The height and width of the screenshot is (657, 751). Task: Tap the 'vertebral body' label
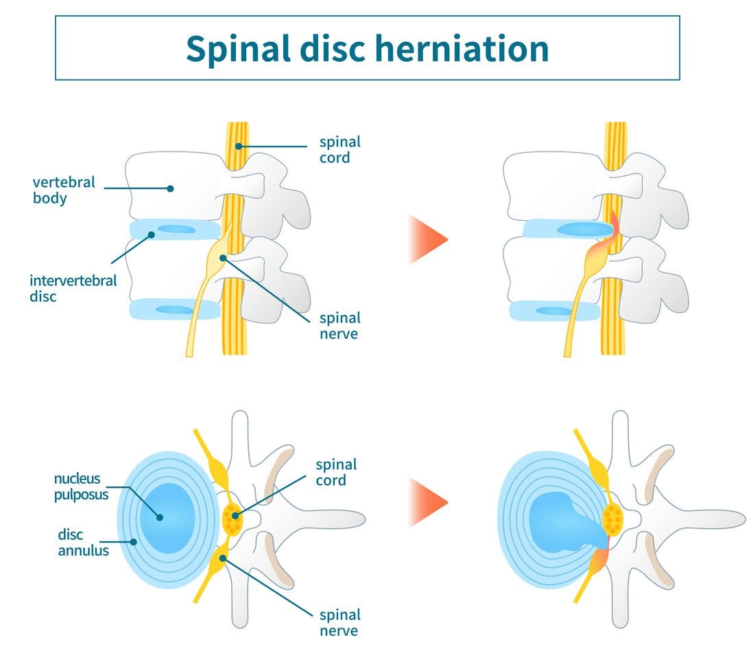point(64,191)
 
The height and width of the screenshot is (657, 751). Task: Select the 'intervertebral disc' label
point(73,289)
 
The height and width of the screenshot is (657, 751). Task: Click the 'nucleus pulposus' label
point(81,486)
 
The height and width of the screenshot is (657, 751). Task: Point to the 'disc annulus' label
point(82,542)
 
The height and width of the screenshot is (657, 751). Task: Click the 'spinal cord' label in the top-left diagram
point(339,150)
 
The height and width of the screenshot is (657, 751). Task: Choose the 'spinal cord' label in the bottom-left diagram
point(336,473)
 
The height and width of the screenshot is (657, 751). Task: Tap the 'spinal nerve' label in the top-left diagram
point(339,326)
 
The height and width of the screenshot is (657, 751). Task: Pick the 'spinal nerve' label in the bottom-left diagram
point(339,622)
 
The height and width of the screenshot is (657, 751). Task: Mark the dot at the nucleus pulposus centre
point(159,517)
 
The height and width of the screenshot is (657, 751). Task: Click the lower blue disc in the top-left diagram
point(175,309)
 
